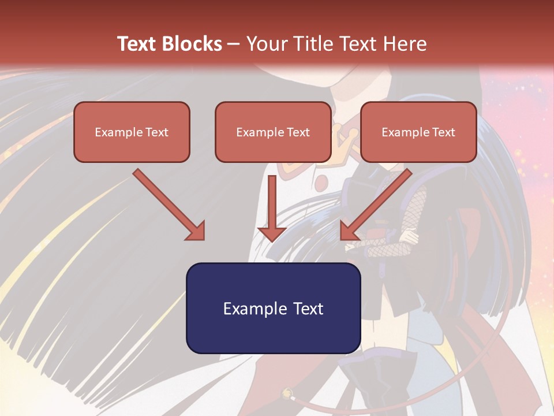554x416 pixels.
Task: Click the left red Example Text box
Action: [132, 132]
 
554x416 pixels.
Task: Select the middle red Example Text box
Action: [273, 132]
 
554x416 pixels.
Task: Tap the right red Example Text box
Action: [418, 132]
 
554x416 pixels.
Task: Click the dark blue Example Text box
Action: [273, 308]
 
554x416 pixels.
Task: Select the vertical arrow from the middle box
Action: [272, 205]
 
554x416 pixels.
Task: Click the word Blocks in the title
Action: [193, 44]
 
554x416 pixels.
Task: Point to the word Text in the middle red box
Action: [298, 132]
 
